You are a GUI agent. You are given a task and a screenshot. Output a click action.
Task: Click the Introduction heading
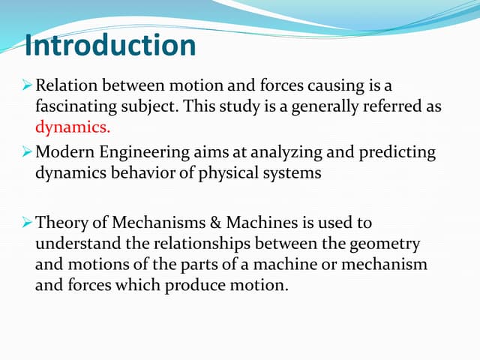(109, 46)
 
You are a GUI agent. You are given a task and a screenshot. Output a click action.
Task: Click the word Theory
(60, 223)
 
